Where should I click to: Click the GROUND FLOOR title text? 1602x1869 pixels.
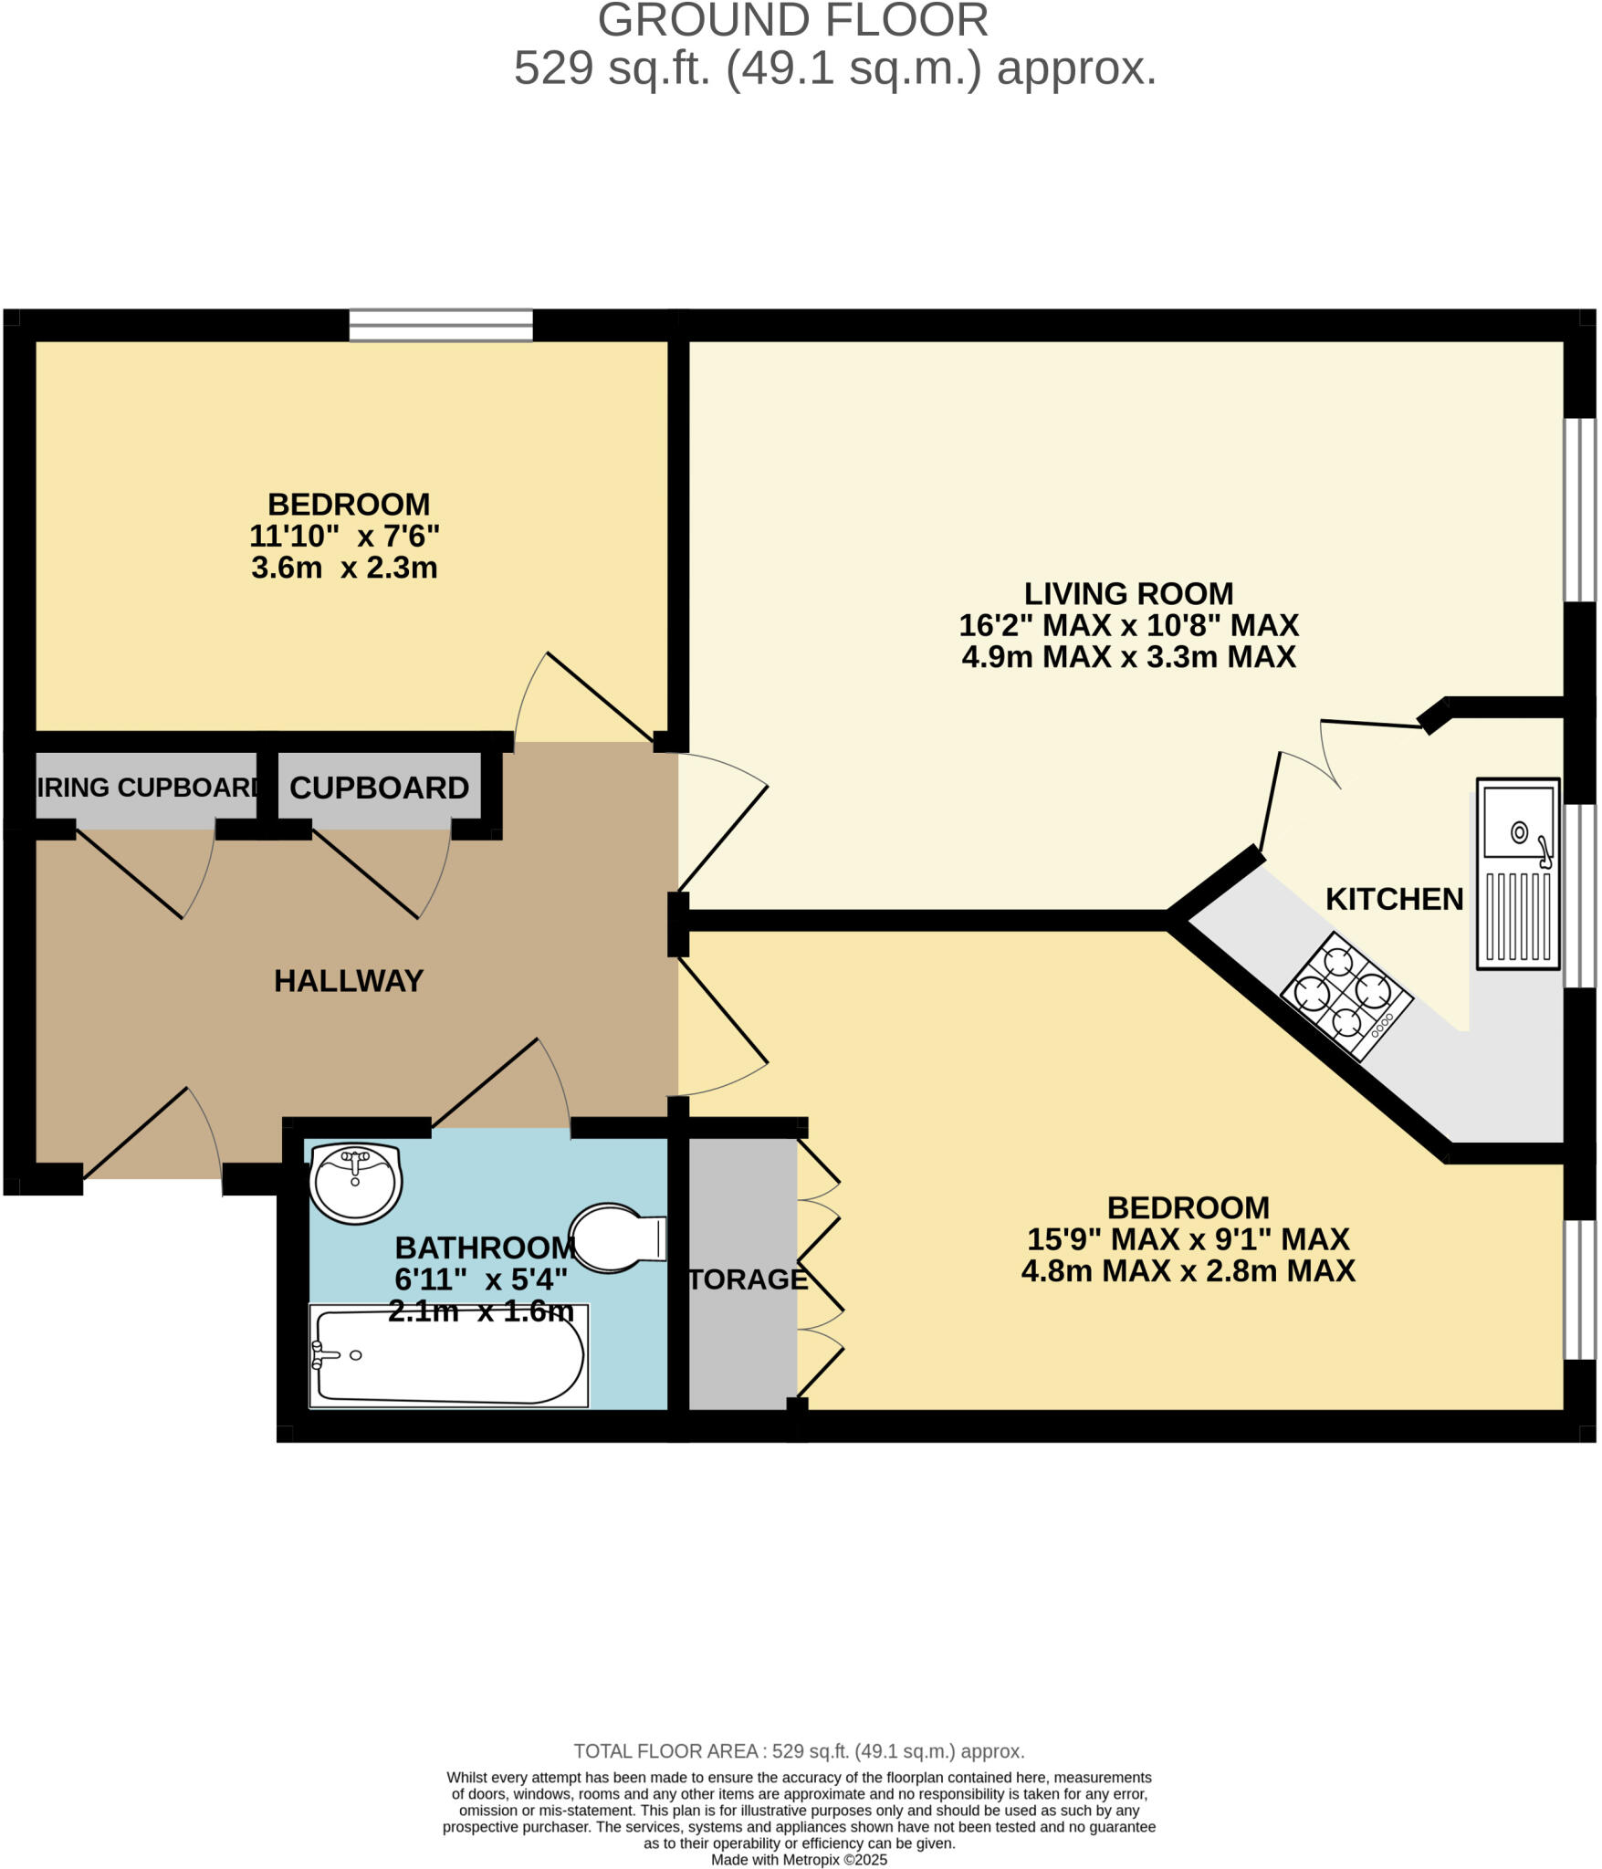(x=792, y=20)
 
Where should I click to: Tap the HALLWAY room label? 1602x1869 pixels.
(x=349, y=981)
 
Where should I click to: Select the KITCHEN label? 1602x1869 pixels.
(x=1394, y=899)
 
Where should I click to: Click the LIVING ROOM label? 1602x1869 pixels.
(x=1128, y=594)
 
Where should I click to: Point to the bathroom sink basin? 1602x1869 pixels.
(x=355, y=1183)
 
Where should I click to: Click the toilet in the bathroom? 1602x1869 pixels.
(x=615, y=1237)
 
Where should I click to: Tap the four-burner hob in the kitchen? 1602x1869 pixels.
(x=1346, y=996)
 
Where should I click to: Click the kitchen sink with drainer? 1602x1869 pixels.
(x=1518, y=873)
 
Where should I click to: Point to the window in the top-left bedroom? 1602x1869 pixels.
(x=441, y=325)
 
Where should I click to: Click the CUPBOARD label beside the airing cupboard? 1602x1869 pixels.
(x=379, y=788)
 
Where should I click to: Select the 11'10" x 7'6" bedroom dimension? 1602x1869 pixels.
(x=344, y=536)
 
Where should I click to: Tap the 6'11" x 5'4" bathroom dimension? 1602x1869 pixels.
(x=481, y=1279)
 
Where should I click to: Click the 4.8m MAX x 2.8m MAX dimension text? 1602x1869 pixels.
(x=1188, y=1271)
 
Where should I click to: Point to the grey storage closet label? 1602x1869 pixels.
(x=748, y=1279)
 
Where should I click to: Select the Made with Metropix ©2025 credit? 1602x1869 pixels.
(x=799, y=1860)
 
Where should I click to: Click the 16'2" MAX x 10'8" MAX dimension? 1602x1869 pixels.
(x=1128, y=626)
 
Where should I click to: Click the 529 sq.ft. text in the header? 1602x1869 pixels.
(x=612, y=68)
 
